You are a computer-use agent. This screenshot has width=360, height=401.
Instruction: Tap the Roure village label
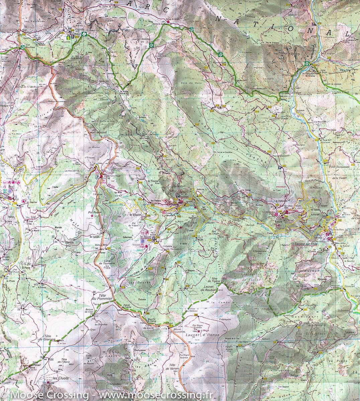(279, 221)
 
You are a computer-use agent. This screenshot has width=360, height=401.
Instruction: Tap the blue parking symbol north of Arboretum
(279, 167)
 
